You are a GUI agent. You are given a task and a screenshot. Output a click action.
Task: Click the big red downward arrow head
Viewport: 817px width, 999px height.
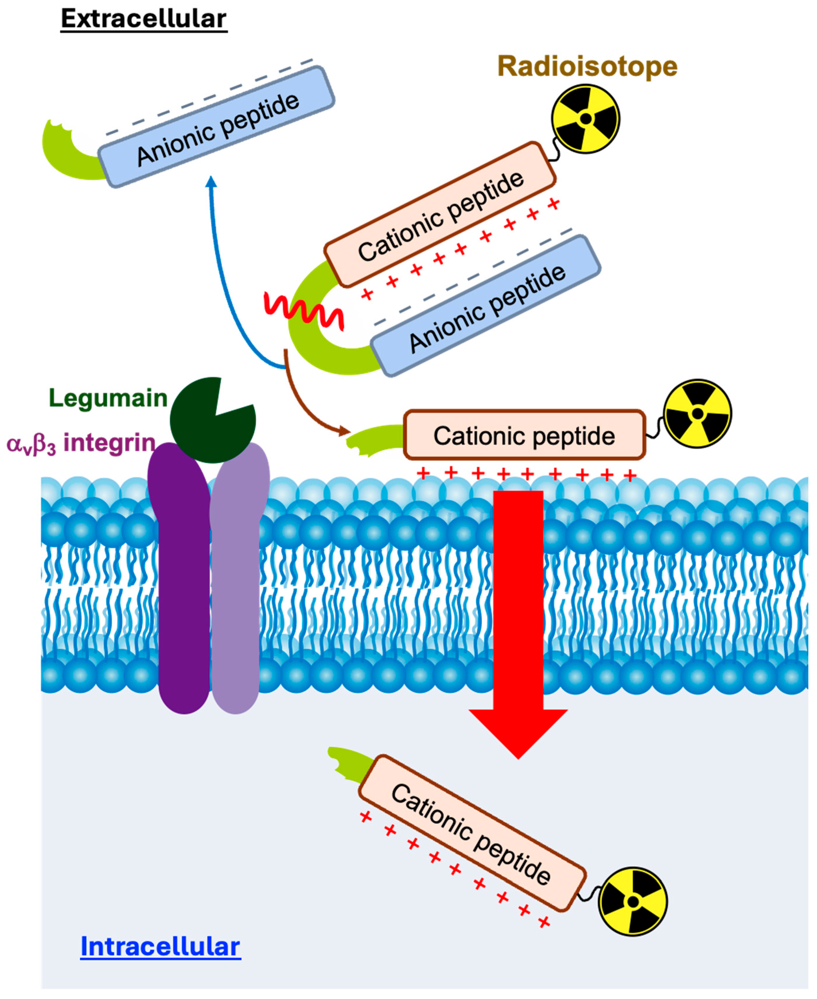tap(518, 734)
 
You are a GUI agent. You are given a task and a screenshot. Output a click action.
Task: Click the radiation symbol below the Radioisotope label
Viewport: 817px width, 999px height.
tap(586, 119)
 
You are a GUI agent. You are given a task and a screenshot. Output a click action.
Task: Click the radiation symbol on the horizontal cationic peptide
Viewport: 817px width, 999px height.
tap(697, 414)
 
